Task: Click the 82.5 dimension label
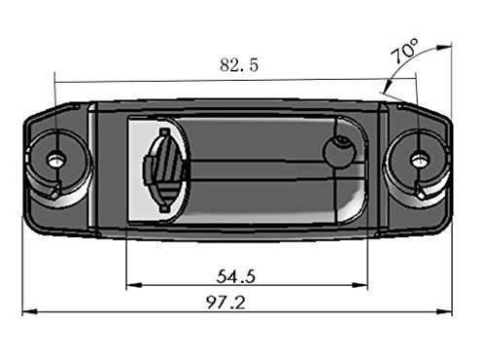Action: (239, 64)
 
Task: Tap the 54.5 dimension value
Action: (236, 276)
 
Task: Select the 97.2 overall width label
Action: (226, 303)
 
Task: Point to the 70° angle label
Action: (404, 51)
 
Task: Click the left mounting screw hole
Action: (57, 160)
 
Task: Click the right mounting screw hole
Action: (421, 160)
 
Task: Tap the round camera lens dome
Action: (340, 152)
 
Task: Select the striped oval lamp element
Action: (164, 170)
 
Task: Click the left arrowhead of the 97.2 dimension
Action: (29, 312)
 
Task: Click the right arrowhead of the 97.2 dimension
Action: (444, 312)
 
